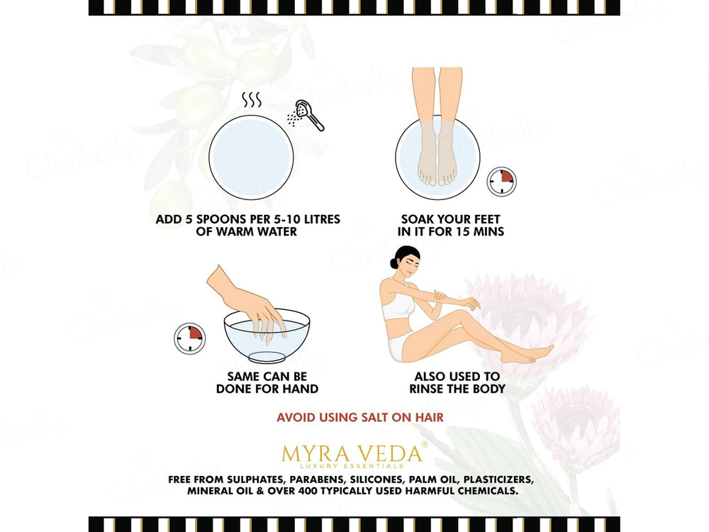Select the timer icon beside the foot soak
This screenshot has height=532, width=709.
501,182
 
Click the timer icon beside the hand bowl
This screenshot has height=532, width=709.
189,338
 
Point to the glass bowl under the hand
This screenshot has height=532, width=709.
267,336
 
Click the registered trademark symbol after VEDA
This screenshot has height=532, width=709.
425,445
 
